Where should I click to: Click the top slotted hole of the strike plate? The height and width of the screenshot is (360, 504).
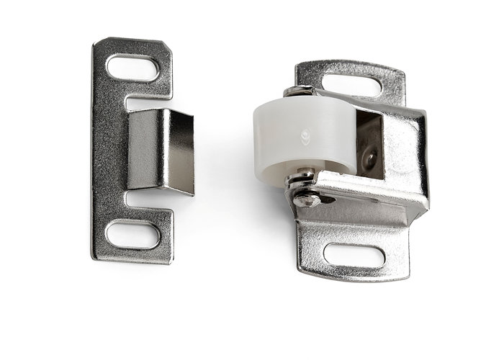[x=132, y=68]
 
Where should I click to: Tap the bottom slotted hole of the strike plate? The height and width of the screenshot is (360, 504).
[x=132, y=235]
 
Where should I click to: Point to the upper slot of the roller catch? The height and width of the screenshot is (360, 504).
[x=351, y=86]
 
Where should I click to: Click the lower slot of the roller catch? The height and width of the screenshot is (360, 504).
[x=354, y=254]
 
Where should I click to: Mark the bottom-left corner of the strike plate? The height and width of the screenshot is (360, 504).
[x=94, y=258]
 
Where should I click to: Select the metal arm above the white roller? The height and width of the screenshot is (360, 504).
[x=338, y=100]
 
